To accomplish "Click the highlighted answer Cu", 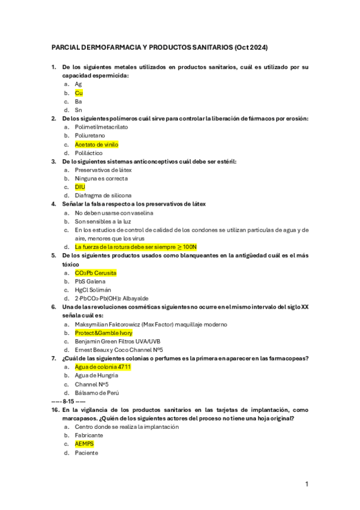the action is [79, 93].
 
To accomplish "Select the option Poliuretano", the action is [91, 136].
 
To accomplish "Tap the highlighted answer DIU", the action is [80, 187].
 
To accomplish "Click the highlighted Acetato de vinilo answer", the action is [96, 144].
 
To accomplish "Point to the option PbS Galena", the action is [90, 281].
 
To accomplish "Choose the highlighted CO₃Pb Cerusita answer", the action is [95, 273].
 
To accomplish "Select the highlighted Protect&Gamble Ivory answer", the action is [103, 333].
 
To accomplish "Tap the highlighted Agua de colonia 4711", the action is [103, 367].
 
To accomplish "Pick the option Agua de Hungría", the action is [97, 375].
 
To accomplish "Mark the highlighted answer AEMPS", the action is [84, 444].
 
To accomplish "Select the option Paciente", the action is [87, 453].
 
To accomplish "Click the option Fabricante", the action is [89, 435].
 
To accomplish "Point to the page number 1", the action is [307, 484].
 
